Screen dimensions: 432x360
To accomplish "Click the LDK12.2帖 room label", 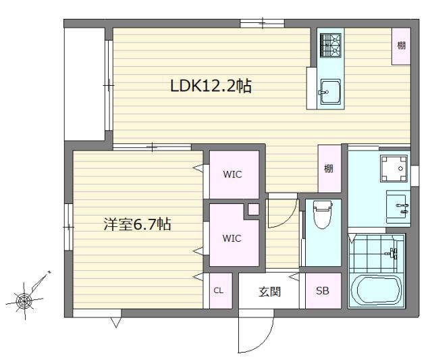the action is pos(211,86).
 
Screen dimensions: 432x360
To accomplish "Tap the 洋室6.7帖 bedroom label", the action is pos(137,224).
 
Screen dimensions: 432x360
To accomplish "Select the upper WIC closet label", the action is pos(232,174).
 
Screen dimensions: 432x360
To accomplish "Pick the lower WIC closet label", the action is pos(232,238).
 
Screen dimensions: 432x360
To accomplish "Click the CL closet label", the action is pos(218,290).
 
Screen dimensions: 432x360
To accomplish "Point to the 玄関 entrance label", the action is pos(269,292).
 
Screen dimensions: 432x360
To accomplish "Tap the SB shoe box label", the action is pos(323,290).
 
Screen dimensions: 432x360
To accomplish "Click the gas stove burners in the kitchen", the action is pos(331,46).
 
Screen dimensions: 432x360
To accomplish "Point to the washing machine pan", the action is pos(394,168).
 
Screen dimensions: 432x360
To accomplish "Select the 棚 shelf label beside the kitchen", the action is pos(401,45).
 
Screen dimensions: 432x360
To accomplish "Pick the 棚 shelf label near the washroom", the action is pos(329,168).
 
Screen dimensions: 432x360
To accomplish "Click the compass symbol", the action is pos(24,300).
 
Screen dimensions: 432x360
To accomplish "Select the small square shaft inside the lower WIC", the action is pos(254,209).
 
